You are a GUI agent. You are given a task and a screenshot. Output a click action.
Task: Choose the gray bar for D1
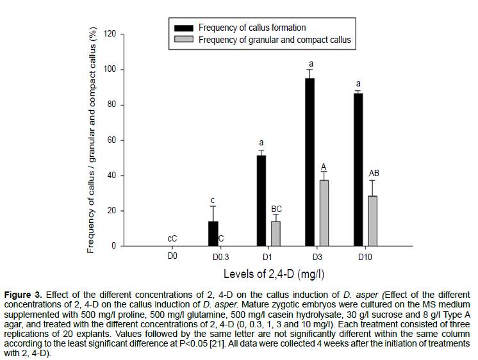click(x=276, y=234)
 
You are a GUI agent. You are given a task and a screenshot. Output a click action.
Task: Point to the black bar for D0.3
click(x=213, y=234)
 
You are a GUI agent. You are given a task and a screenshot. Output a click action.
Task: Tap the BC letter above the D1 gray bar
click(x=276, y=209)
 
